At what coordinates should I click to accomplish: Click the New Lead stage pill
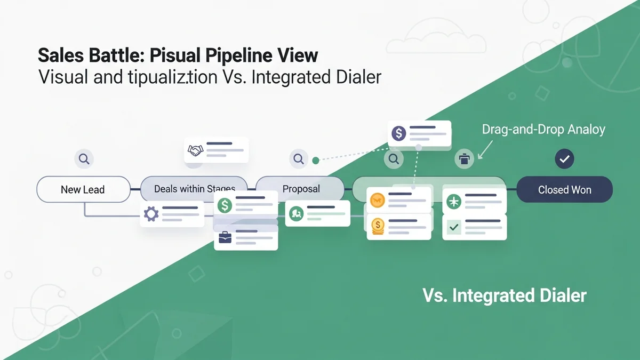pyautogui.click(x=83, y=189)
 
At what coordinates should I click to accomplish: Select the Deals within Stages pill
pyautogui.click(x=194, y=189)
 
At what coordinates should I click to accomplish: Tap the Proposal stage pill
pyautogui.click(x=301, y=189)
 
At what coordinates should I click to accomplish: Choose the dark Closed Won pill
pyautogui.click(x=564, y=189)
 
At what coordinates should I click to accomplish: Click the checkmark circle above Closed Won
pyautogui.click(x=564, y=158)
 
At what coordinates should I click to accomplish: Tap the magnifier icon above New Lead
pyautogui.click(x=84, y=158)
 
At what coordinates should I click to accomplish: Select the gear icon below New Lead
pyautogui.click(x=151, y=214)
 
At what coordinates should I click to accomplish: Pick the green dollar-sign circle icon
pyautogui.click(x=225, y=205)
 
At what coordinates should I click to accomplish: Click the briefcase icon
pyautogui.click(x=225, y=237)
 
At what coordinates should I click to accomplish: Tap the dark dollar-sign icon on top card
pyautogui.click(x=398, y=133)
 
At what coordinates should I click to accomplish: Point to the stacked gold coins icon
pyautogui.click(x=378, y=226)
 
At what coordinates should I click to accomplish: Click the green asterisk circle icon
pyautogui.click(x=454, y=201)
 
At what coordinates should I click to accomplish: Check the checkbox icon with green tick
pyautogui.click(x=454, y=228)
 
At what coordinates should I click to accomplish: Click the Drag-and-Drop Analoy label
pyautogui.click(x=543, y=130)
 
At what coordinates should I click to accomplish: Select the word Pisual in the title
pyautogui.click(x=180, y=55)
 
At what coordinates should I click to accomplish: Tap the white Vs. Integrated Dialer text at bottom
pyautogui.click(x=504, y=295)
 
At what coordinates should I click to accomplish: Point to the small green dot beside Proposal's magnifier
pyautogui.click(x=315, y=159)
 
